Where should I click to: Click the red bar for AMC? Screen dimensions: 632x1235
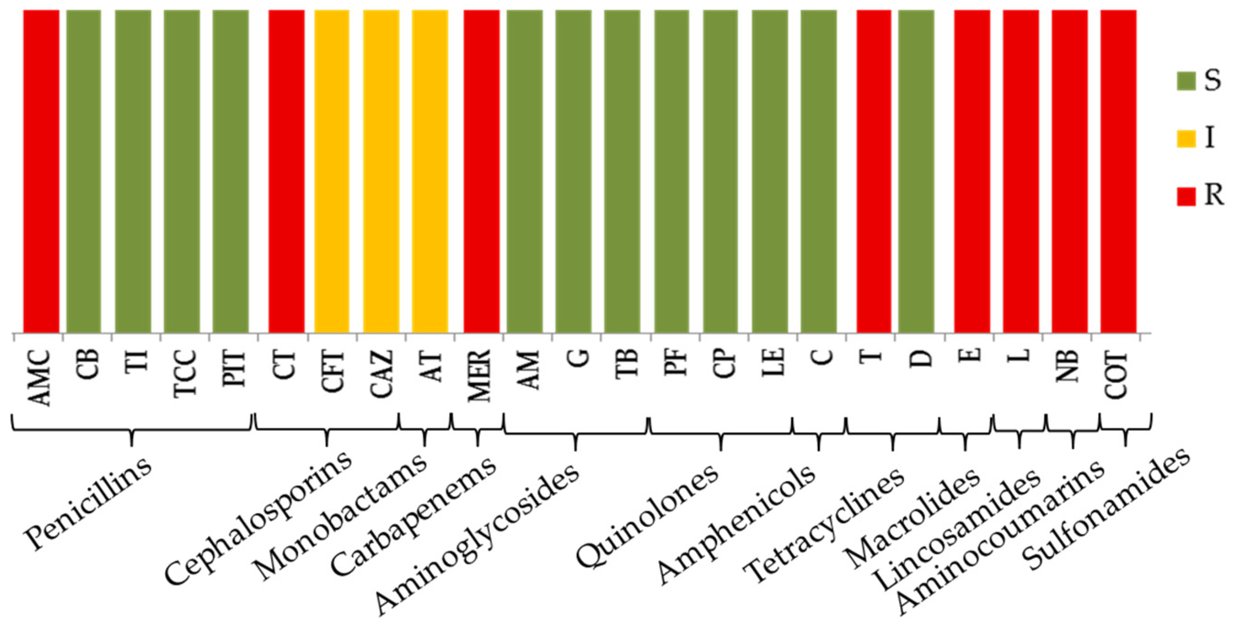pyautogui.click(x=41, y=171)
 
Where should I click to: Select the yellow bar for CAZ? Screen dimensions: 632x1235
pyautogui.click(x=381, y=171)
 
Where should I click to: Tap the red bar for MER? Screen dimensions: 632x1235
pyautogui.click(x=481, y=171)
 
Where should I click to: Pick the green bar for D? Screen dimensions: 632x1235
pyautogui.click(x=916, y=171)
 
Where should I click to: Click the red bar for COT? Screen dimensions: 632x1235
pyautogui.click(x=1118, y=171)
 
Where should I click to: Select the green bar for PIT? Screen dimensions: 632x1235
pyautogui.click(x=231, y=171)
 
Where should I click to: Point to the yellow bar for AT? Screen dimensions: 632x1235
pyautogui.click(x=430, y=171)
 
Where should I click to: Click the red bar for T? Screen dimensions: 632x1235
pyautogui.click(x=873, y=171)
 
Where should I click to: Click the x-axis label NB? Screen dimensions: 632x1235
pyautogui.click(x=1068, y=366)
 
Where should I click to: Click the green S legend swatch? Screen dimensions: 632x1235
pyautogui.click(x=1186, y=81)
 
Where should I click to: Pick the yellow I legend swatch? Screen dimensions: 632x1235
pyautogui.click(x=1186, y=138)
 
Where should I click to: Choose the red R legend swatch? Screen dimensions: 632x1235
pyautogui.click(x=1186, y=196)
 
